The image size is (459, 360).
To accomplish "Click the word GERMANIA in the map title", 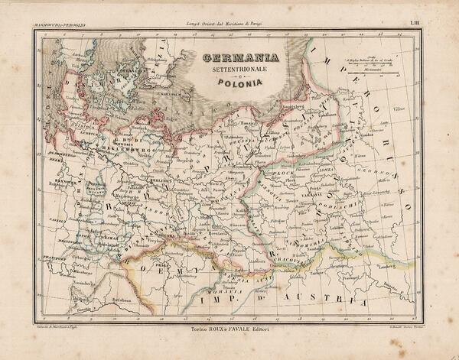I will (x=240, y=59).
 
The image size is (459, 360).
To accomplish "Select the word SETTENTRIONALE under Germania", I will (x=240, y=72).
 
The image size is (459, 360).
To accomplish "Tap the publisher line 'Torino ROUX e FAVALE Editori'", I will (x=229, y=330).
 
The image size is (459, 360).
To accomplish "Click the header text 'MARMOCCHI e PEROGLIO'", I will (x=60, y=26).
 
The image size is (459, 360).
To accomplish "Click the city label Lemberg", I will (x=382, y=268).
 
